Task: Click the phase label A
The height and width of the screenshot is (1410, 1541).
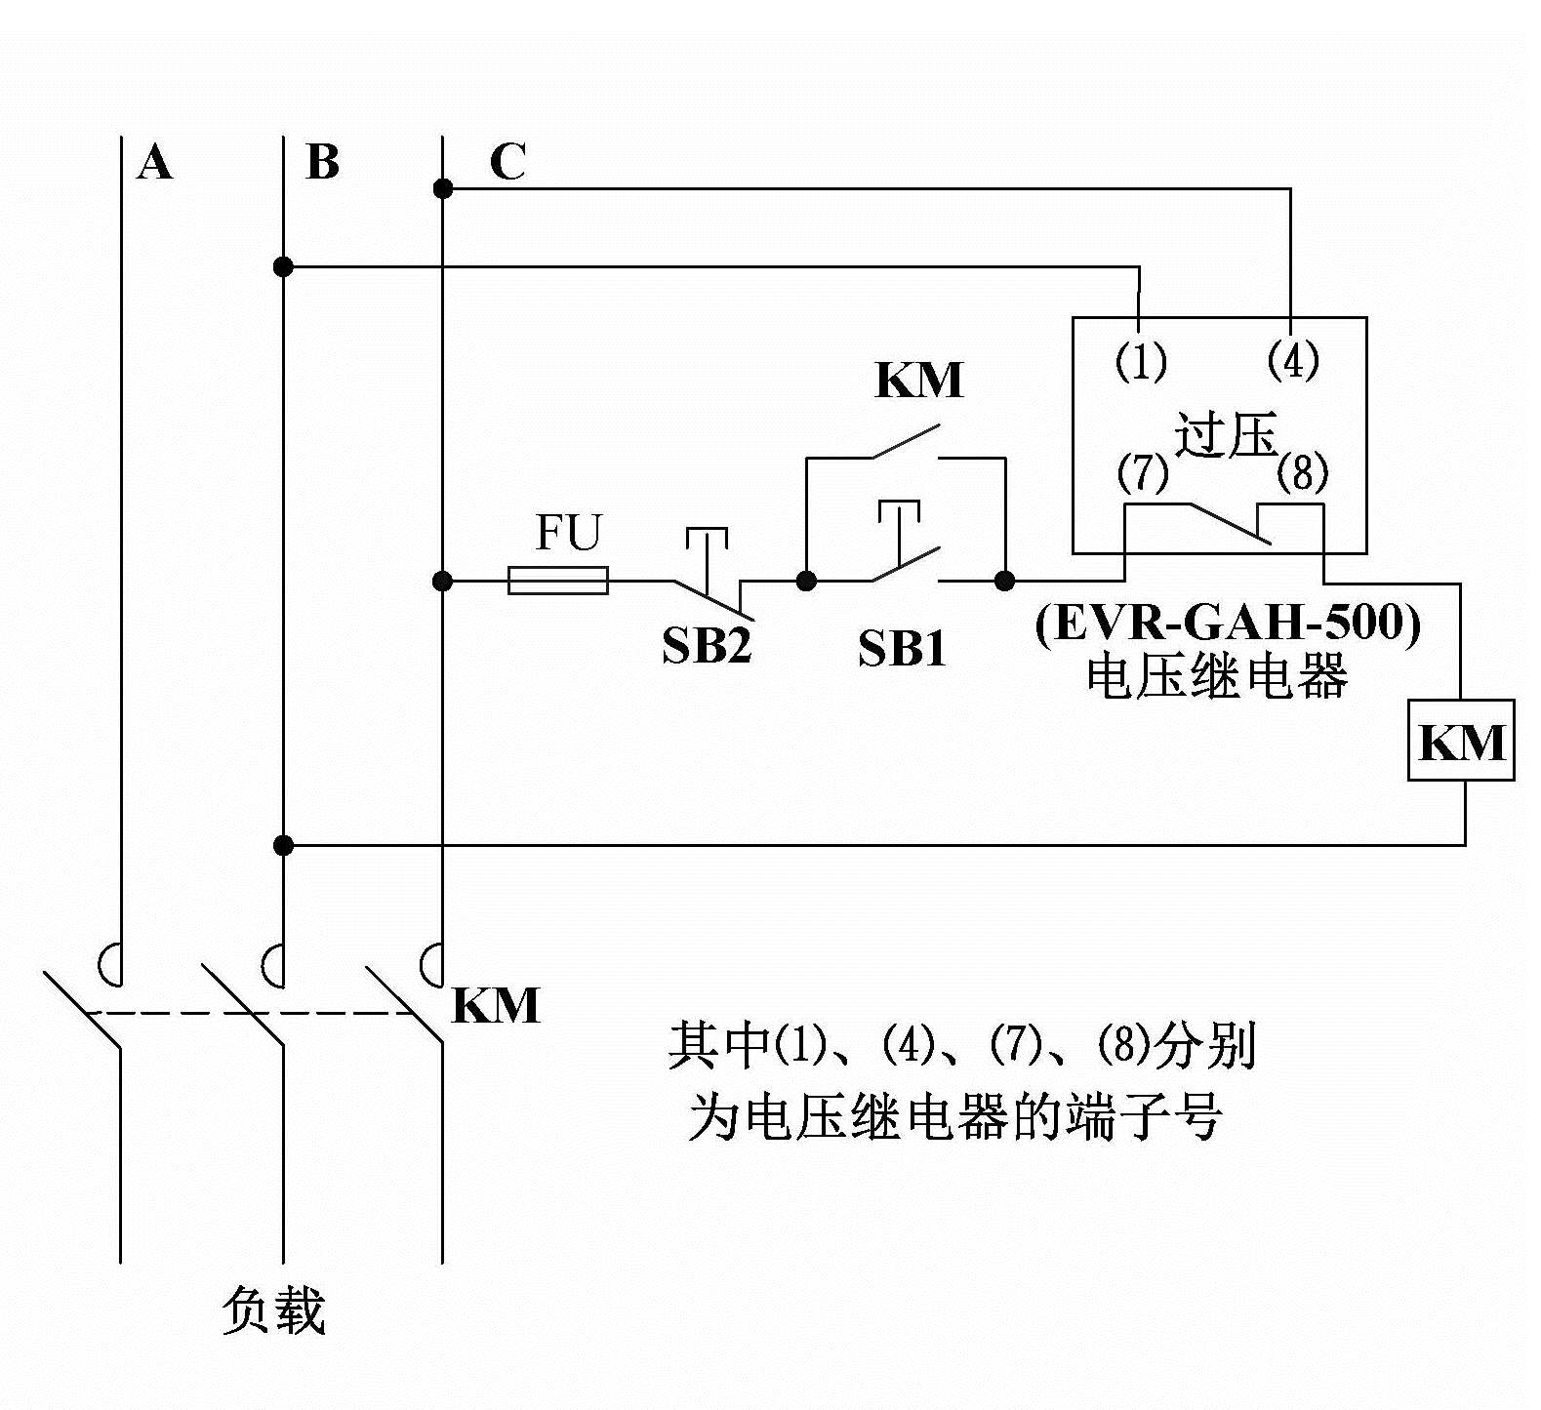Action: click(155, 162)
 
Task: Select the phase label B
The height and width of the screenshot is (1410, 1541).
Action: click(322, 162)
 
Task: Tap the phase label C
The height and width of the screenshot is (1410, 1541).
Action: click(507, 162)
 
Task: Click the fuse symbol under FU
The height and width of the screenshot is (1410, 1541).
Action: click(558, 582)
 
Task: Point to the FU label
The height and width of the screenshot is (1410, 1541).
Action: click(569, 533)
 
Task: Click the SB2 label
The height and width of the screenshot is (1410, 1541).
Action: click(707, 645)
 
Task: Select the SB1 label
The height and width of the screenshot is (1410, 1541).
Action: click(902, 648)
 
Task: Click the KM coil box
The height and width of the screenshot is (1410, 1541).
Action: click(1461, 741)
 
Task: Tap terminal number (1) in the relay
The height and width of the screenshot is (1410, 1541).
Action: click(1141, 362)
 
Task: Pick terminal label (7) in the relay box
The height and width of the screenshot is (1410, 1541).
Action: click(1143, 473)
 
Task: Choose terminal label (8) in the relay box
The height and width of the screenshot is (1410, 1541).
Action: click(1303, 473)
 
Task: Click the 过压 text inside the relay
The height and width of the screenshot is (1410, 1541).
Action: click(1226, 435)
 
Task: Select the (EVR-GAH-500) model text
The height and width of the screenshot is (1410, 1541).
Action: click(1228, 623)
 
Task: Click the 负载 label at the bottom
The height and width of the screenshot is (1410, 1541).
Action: click(272, 1309)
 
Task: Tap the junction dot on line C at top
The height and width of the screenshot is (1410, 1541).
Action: click(443, 188)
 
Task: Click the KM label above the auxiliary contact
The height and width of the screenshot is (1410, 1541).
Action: click(918, 381)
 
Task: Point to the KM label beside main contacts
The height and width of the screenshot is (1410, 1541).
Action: click(496, 1006)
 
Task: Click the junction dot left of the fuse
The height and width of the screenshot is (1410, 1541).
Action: click(442, 582)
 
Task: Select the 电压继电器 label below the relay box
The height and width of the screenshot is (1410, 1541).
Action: click(1217, 676)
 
